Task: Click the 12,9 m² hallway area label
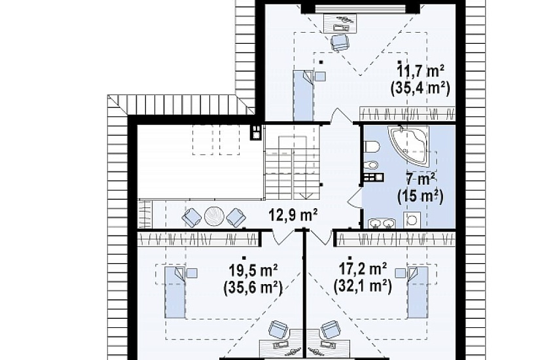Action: click(x=293, y=215)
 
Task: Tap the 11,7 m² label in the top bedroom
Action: click(x=420, y=71)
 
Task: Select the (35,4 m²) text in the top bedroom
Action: click(x=420, y=88)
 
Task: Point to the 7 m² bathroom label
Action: click(x=420, y=179)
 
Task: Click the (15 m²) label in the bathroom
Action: click(x=420, y=196)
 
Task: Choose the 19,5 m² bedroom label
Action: click(x=253, y=270)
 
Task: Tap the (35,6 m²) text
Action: click(x=253, y=287)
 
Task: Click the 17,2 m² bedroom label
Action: click(x=363, y=269)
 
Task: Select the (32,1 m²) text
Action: click(x=363, y=286)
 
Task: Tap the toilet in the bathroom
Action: click(x=371, y=147)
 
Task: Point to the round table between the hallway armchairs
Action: click(x=214, y=217)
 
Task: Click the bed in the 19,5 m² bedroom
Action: click(x=175, y=292)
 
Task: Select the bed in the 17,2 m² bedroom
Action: click(x=418, y=292)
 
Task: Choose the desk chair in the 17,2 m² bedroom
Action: click(x=330, y=330)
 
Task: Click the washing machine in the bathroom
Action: click(x=412, y=220)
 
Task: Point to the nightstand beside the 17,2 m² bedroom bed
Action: click(x=400, y=273)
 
